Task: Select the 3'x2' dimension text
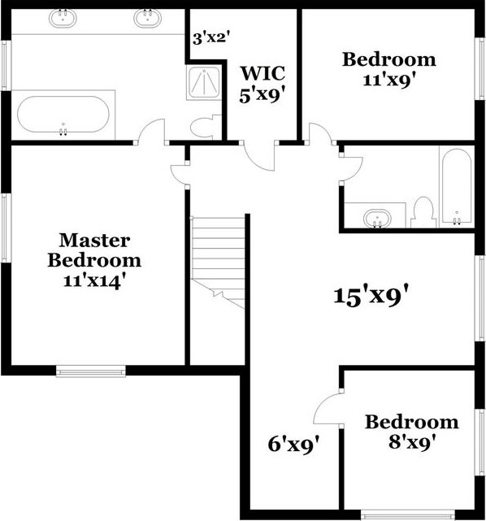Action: (208, 37)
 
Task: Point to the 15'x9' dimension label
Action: (370, 294)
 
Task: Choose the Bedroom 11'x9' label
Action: (388, 69)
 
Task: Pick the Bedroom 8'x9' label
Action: (411, 432)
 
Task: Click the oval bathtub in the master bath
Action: (62, 116)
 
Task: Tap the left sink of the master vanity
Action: (62, 18)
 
